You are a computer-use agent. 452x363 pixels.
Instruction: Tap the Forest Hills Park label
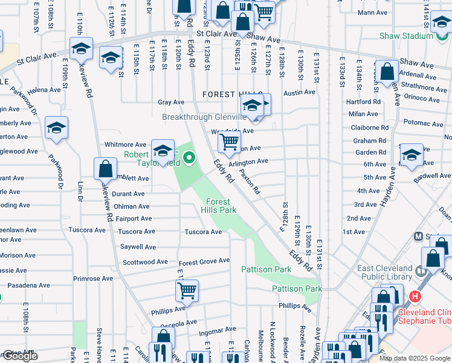tap(221, 206)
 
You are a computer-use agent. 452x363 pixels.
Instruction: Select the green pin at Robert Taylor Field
tap(189, 159)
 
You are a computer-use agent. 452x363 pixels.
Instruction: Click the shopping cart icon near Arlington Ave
tap(229, 142)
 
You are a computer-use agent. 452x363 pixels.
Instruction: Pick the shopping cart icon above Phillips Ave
tap(187, 290)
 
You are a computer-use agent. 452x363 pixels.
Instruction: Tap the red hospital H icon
tap(415, 296)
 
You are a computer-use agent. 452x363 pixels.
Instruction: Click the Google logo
tap(19, 356)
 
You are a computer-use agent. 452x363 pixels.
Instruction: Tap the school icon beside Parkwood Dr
tap(56, 128)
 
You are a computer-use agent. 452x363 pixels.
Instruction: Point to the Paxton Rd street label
tap(249, 181)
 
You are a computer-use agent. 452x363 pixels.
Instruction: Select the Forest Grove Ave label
tap(204, 261)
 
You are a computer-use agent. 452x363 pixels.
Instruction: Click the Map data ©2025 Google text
tap(414, 358)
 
